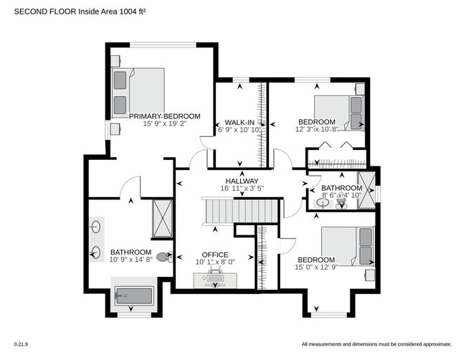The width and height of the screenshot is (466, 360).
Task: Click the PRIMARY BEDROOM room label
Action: [165, 115]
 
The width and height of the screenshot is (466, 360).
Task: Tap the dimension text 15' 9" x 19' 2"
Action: [165, 123]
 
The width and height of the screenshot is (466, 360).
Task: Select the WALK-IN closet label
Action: [241, 122]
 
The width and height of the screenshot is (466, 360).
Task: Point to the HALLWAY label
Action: [242, 181]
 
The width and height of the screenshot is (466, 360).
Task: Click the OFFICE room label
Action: [215, 255]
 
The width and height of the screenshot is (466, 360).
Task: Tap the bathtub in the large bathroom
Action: [134, 296]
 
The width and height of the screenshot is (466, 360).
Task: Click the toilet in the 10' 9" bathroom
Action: [164, 256]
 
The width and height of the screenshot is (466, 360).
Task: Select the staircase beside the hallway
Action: [239, 211]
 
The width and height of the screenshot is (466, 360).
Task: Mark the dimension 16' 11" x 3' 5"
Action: [242, 189]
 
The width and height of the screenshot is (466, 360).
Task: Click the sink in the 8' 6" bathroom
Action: [324, 204]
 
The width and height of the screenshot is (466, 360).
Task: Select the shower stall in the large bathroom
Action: [162, 218]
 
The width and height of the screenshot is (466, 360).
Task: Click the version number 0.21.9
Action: [21, 344]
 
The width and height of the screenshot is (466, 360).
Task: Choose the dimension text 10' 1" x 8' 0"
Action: [215, 262]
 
